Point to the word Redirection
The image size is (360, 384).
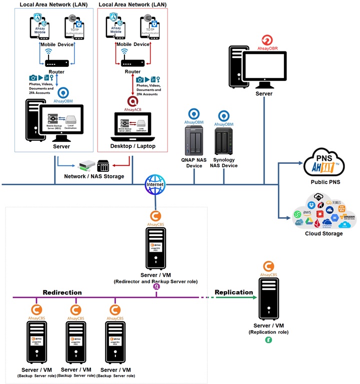point(62,292)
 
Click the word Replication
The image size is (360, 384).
point(233,292)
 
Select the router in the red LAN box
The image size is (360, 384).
point(132,63)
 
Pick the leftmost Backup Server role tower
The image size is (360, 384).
point(36,345)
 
